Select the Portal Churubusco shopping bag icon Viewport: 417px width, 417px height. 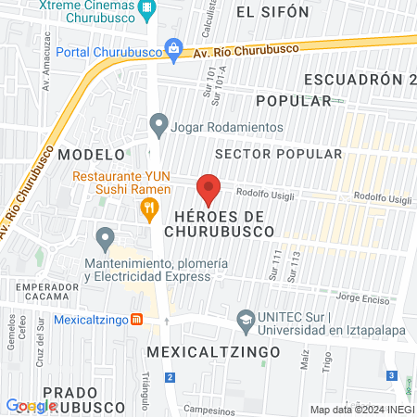[172, 48]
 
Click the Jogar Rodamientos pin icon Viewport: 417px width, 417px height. [158, 122]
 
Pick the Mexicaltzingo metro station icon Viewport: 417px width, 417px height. [136, 320]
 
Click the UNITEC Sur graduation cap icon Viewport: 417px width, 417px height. [246, 319]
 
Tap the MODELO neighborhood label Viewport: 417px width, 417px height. [91, 153]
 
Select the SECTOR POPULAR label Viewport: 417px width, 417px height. [278, 153]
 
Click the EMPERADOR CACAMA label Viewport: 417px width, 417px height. [47, 293]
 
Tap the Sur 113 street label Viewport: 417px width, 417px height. [296, 264]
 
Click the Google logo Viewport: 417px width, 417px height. [31, 406]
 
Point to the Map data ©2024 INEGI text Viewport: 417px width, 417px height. [361, 410]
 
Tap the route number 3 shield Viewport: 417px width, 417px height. [392, 375]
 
